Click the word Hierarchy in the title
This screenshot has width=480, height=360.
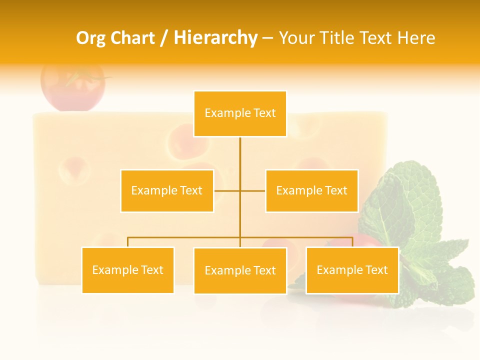215,38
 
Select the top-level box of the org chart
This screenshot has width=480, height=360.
240,113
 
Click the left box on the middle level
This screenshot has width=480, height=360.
167,190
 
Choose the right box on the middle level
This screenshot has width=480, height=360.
312,190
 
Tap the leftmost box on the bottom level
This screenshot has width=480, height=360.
127,270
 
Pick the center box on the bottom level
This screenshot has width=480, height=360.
240,270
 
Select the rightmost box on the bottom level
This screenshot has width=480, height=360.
352,270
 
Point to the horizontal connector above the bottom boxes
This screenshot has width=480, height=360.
185,237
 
